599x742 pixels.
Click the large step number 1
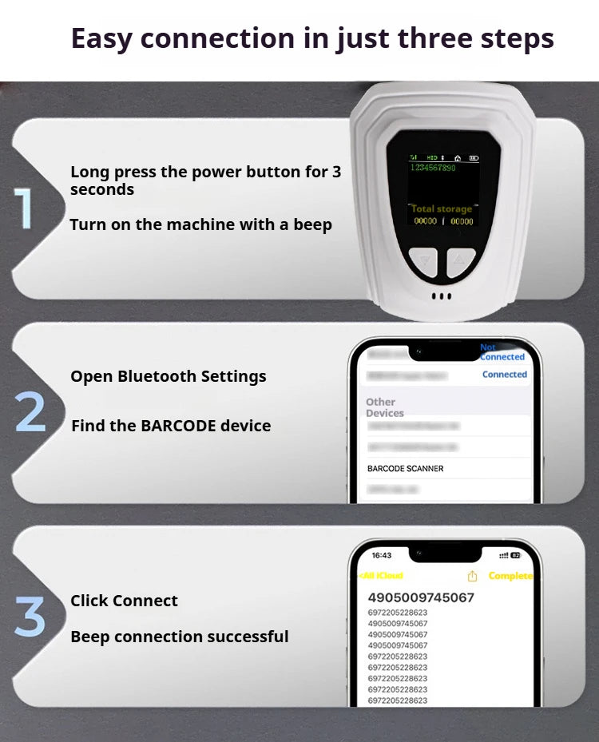25,208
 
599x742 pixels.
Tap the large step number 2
30,412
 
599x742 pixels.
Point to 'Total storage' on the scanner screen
441,208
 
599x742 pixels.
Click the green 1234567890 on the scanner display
432,168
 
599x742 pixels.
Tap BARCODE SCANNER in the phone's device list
405,468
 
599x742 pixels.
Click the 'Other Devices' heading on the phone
384,407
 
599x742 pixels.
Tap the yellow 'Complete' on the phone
510,576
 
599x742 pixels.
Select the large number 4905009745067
421,597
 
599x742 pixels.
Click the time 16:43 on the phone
382,555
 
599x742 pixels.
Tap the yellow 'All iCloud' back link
382,576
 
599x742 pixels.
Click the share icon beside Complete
472,576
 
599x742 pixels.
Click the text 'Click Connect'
124,601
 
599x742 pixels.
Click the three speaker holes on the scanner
441,296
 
